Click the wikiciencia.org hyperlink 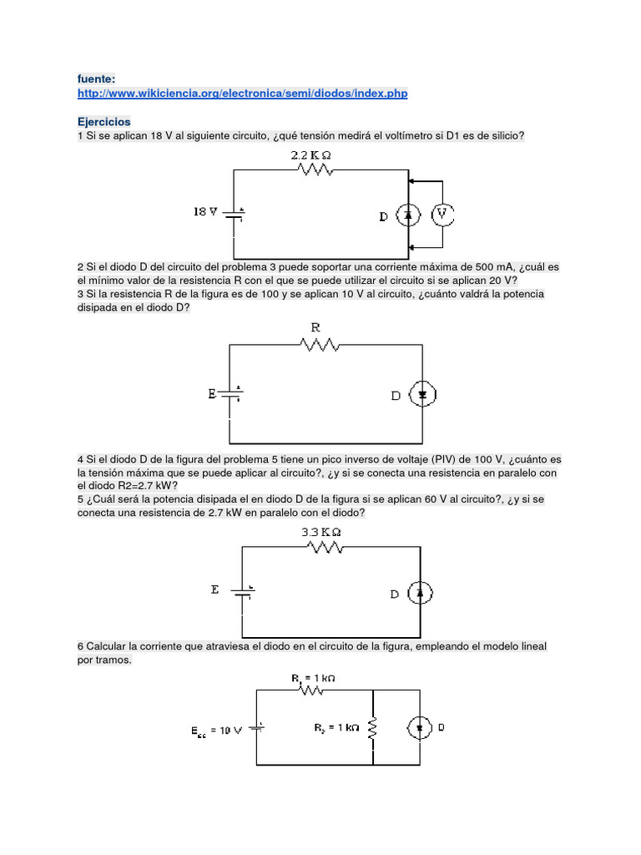click(x=242, y=94)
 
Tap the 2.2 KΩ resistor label click(x=311, y=155)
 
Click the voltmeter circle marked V click(x=443, y=215)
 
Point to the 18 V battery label click(x=205, y=212)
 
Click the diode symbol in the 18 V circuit click(x=409, y=215)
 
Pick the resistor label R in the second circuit click(x=315, y=327)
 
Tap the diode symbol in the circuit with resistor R click(x=423, y=395)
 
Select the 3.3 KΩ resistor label click(x=320, y=531)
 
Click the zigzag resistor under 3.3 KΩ click(x=326, y=548)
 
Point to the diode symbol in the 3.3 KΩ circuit click(x=421, y=593)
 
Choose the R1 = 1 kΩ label click(x=314, y=678)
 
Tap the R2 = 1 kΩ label click(x=336, y=727)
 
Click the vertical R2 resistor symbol click(x=372, y=730)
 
